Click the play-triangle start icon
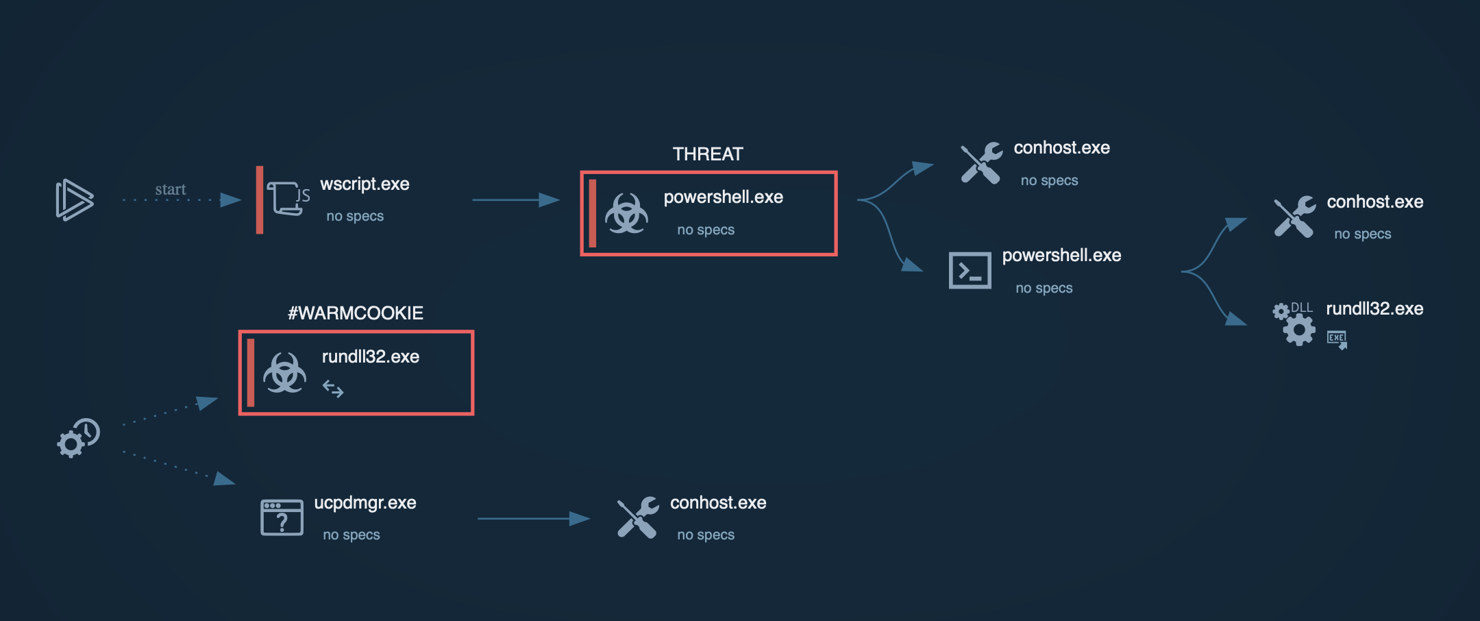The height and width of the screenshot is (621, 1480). click(x=74, y=199)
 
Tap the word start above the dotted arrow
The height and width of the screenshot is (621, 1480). click(x=170, y=189)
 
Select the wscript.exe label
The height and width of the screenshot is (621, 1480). click(x=365, y=184)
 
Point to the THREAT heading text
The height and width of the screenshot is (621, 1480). click(x=708, y=154)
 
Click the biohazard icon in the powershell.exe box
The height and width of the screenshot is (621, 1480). click(x=626, y=213)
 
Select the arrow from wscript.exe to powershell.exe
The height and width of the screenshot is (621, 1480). click(x=515, y=199)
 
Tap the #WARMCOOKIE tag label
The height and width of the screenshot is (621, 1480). click(x=356, y=313)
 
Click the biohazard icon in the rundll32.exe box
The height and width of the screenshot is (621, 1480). click(x=284, y=373)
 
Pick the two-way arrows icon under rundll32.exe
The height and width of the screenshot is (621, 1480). click(x=333, y=389)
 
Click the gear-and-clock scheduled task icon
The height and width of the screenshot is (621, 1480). click(x=78, y=437)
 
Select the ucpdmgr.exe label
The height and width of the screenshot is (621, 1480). click(x=365, y=502)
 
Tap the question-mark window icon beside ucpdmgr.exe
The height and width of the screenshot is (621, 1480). click(x=282, y=517)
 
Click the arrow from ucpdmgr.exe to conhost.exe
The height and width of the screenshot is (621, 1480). click(x=533, y=519)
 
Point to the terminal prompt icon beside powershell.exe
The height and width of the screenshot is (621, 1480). click(x=970, y=271)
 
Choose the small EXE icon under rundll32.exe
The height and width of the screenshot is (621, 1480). click(x=1337, y=339)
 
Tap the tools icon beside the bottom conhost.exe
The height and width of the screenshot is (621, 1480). click(x=638, y=517)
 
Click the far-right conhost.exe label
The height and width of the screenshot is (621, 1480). click(x=1374, y=202)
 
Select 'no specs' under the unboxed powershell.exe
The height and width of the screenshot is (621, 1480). click(x=1044, y=288)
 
